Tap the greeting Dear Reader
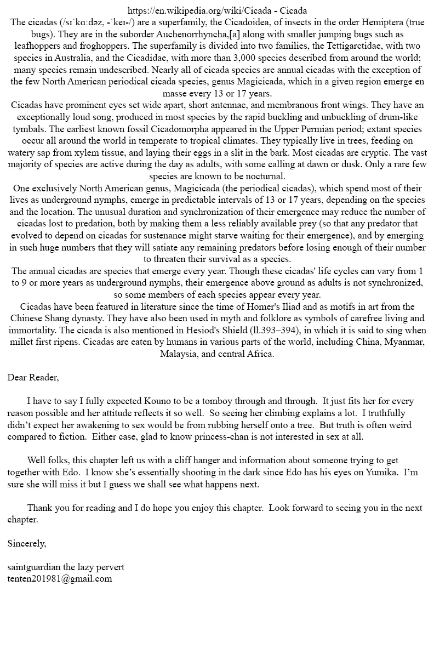[33, 377]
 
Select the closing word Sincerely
[27, 543]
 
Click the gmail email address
[60, 578]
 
